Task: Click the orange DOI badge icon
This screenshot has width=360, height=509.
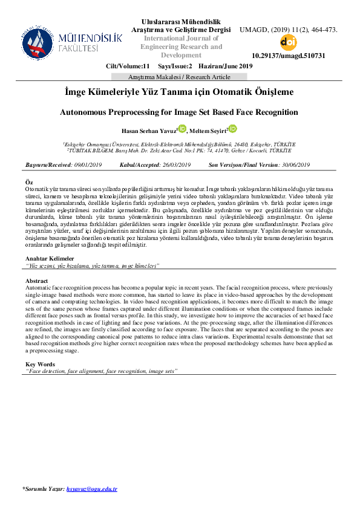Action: coord(288,43)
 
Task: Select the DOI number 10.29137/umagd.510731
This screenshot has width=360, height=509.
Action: coord(288,56)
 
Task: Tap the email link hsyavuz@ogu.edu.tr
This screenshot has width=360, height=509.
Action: coord(92,488)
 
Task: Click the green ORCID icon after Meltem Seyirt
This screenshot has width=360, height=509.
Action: coord(233,128)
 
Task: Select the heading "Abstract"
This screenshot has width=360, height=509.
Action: coord(37,282)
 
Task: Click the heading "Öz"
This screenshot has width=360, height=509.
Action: coord(28,182)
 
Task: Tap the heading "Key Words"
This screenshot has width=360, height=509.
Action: coord(40,364)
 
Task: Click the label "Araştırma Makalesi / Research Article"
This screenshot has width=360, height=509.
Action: coord(180,77)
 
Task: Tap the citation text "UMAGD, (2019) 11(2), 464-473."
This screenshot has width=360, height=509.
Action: coord(289,30)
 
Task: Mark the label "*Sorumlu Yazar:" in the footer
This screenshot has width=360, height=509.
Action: coord(43,488)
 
